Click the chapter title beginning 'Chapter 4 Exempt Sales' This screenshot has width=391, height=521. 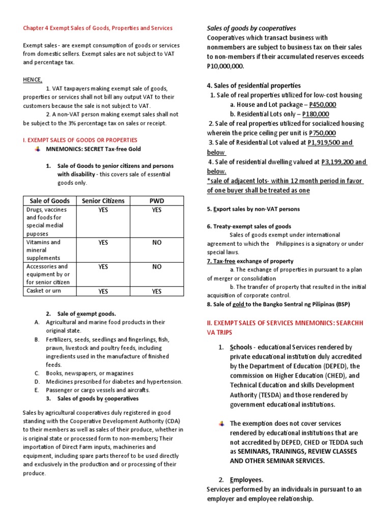click(x=98, y=28)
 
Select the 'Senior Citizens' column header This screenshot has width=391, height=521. click(x=103, y=201)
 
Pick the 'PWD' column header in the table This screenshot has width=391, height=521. click(x=156, y=201)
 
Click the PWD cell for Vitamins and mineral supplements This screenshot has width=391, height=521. click(x=156, y=243)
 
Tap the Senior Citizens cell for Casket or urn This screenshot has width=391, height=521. click(x=103, y=292)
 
